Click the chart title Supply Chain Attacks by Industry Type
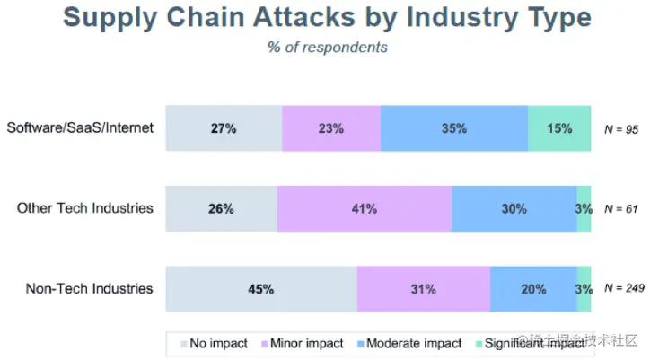328,18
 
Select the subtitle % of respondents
328,47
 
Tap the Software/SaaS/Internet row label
81,127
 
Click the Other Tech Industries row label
86,208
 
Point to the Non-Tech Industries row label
89,289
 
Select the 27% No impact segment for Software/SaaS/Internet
224,128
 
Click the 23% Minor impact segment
330,128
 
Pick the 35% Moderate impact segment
453,128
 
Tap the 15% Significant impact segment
558,128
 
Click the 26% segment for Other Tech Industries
222,208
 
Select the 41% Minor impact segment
364,208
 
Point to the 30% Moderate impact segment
514,208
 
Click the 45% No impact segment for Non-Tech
261,289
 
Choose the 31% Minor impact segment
423,289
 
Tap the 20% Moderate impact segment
533,289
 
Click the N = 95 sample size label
620,129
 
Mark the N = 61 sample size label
620,209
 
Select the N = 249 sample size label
624,289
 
